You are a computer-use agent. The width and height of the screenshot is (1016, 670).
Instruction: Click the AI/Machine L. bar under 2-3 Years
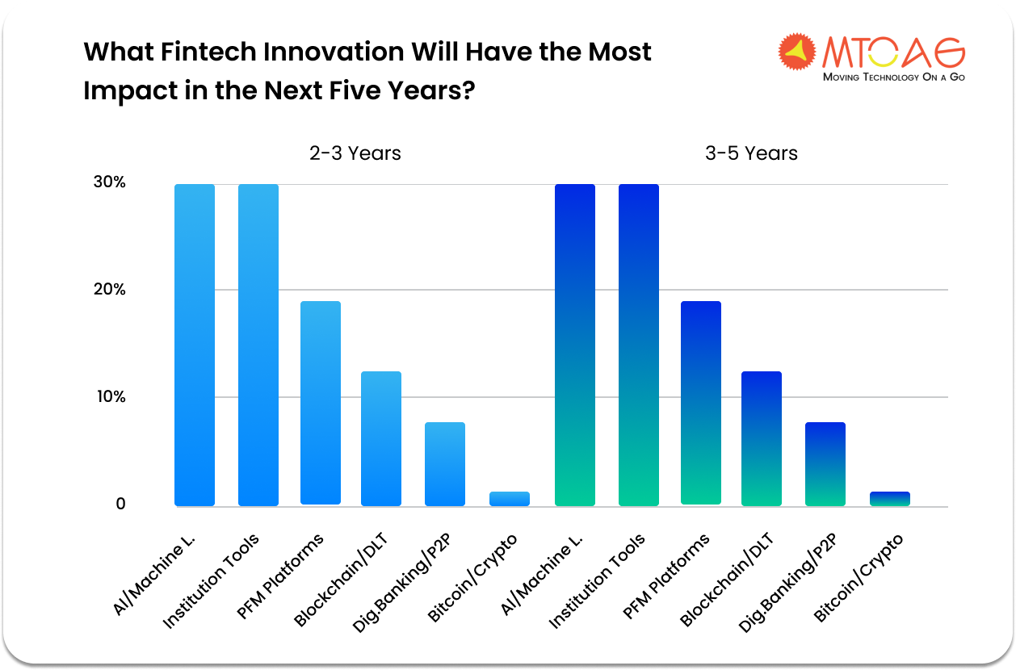click(x=195, y=345)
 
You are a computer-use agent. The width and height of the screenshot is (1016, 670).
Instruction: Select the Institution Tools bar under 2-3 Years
click(x=258, y=345)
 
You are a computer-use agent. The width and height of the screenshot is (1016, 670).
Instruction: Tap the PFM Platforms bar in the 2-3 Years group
click(x=321, y=403)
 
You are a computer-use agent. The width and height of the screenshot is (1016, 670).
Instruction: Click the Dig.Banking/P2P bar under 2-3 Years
click(x=445, y=464)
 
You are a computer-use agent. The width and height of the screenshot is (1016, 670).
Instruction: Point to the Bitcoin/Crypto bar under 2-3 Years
click(x=510, y=499)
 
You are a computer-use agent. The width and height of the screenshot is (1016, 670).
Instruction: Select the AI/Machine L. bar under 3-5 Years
click(x=575, y=345)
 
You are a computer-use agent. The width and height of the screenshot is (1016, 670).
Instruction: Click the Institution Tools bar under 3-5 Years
click(x=639, y=345)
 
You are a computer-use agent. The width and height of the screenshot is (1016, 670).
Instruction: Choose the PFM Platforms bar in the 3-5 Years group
click(x=701, y=403)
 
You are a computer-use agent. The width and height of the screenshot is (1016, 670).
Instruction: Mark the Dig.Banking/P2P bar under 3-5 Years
click(x=825, y=464)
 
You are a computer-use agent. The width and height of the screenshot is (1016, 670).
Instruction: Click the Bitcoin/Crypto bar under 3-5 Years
click(x=890, y=499)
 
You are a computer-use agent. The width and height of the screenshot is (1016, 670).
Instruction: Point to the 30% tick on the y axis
click(x=109, y=182)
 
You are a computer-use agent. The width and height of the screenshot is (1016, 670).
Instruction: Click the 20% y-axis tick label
click(x=109, y=290)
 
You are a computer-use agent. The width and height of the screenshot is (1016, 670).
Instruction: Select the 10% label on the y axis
click(x=110, y=397)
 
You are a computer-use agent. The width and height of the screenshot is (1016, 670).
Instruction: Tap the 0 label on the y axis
click(x=120, y=505)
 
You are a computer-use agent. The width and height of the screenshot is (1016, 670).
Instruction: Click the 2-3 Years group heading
click(x=355, y=153)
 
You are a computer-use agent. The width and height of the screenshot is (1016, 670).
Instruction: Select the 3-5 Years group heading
click(x=751, y=153)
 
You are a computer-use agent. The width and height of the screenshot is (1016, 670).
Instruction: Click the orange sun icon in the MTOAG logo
click(x=797, y=52)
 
